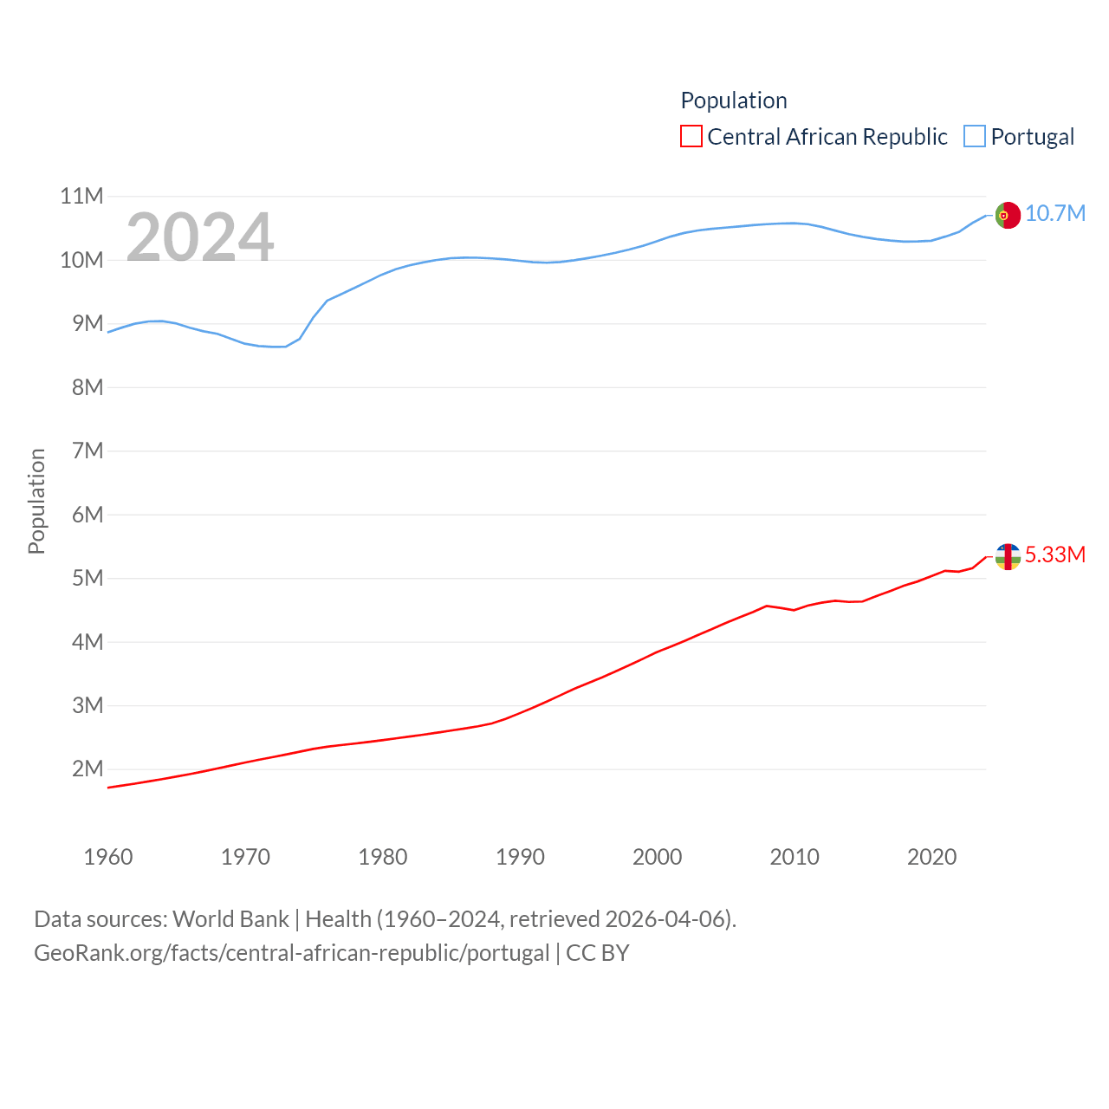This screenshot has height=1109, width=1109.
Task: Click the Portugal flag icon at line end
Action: coord(1008,215)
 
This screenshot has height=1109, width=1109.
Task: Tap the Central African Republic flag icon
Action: coord(1008,556)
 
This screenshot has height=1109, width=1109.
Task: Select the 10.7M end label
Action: coord(1055,213)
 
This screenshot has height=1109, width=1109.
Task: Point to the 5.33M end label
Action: coord(1055,554)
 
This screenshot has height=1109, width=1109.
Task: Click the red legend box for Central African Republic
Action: coord(691,137)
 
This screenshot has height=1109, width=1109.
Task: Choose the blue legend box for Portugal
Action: coord(975,137)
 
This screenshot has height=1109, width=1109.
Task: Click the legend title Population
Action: coord(734,101)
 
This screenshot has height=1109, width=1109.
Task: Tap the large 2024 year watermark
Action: coord(200,237)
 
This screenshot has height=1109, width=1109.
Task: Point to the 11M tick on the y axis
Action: coord(81,197)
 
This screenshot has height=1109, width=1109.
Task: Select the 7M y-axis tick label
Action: coord(88,451)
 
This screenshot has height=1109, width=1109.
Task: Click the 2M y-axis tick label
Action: coord(88,769)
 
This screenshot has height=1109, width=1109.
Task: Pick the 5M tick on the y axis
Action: coord(88,578)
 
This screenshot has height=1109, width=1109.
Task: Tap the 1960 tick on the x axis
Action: coord(108,857)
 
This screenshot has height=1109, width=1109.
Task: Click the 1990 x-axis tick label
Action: coord(520,857)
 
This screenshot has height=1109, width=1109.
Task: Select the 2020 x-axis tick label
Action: coord(931,857)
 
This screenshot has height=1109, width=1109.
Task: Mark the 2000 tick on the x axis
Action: coord(658,857)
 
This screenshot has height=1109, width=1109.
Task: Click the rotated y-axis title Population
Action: coord(36,501)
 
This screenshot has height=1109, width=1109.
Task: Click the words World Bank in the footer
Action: coord(230,919)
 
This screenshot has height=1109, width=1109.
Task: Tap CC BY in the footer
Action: coord(598,953)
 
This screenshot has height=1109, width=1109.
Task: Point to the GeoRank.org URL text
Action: coord(291,953)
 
